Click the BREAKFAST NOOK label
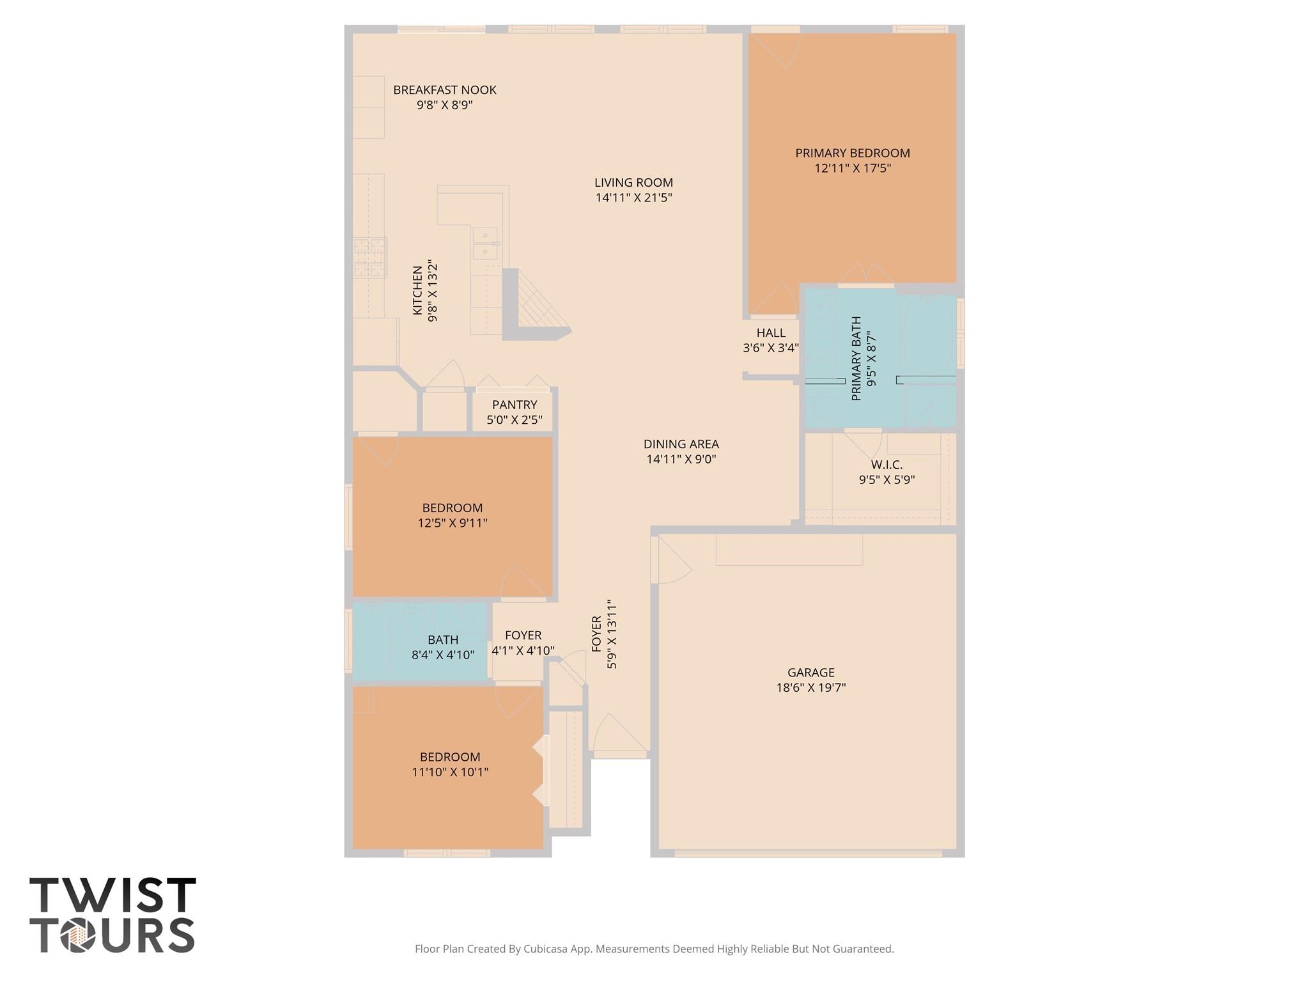pos(444,90)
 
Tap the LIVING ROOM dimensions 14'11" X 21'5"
pos(633,198)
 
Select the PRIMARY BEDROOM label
pos(852,153)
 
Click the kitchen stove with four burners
pos(370,257)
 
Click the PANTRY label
pos(514,405)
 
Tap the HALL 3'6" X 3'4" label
pos(771,340)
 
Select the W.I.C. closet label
pos(887,465)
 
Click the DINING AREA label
pos(681,444)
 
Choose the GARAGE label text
pos(810,673)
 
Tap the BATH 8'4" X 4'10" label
pos(443,647)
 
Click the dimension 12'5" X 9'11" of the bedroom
pos(453,523)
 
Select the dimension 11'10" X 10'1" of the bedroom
pos(450,772)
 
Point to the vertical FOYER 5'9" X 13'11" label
pos(605,634)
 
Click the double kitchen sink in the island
pos(486,243)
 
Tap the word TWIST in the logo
pos(112,895)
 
